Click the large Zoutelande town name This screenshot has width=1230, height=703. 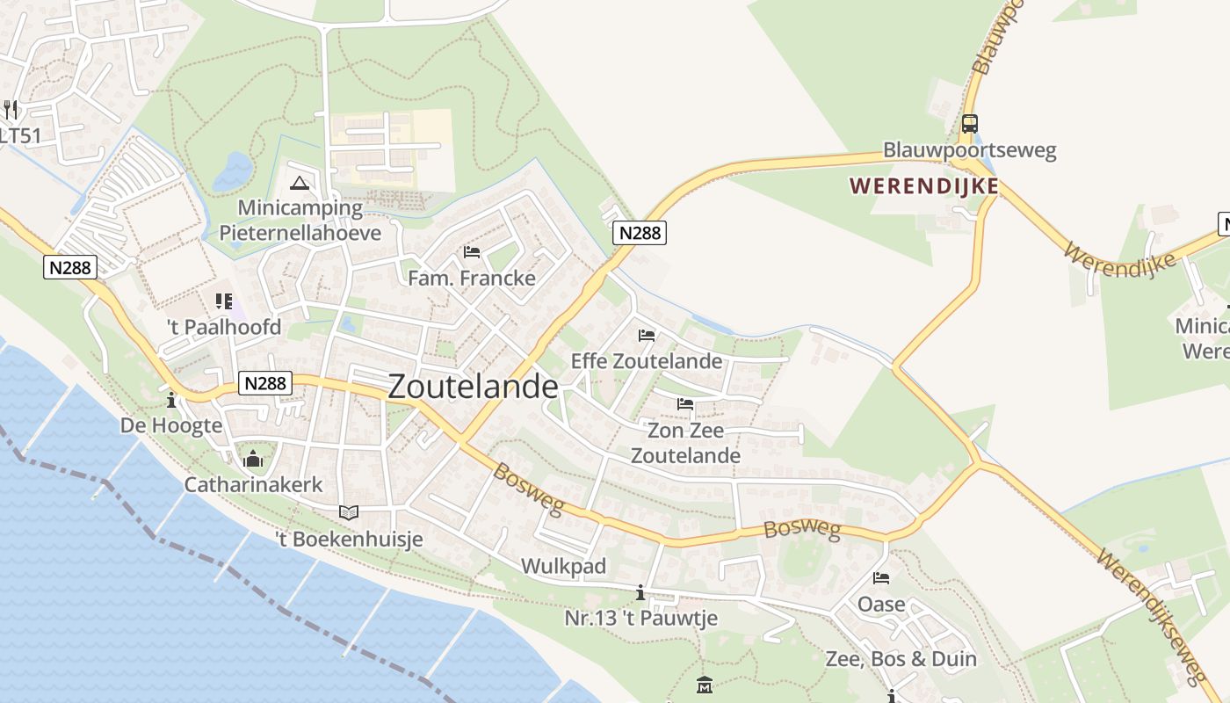(473, 387)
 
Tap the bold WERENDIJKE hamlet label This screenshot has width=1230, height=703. (924, 185)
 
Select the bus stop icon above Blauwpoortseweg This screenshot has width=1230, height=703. (969, 124)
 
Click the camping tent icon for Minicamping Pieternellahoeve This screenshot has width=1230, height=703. (300, 184)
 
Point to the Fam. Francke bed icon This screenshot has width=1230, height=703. (472, 252)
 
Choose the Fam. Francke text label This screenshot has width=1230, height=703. (472, 278)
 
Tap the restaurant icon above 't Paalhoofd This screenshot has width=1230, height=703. (223, 301)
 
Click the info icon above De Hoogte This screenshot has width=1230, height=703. (171, 401)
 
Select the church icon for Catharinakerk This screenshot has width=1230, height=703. (253, 459)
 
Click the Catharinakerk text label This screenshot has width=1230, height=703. (253, 484)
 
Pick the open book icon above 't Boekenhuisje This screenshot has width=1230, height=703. (349, 512)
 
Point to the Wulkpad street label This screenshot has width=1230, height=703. (563, 566)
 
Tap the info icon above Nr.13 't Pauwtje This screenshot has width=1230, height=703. (640, 592)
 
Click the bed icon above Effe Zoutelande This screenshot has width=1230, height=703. (647, 335)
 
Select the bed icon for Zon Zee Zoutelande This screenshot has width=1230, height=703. (685, 404)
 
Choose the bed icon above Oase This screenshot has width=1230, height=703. (881, 578)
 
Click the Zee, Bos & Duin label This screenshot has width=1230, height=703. (901, 658)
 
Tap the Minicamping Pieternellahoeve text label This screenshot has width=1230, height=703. (300, 221)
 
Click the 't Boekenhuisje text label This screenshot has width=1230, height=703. (349, 539)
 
